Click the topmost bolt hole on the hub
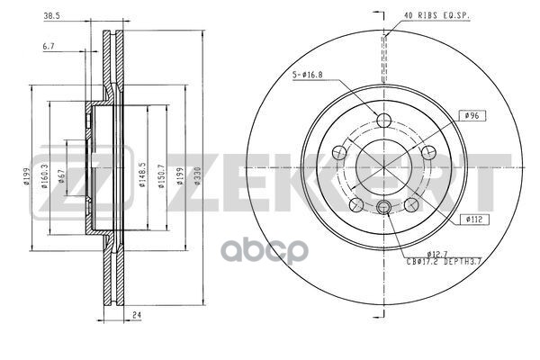[x=384, y=122]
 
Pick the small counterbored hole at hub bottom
[x=384, y=209]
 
